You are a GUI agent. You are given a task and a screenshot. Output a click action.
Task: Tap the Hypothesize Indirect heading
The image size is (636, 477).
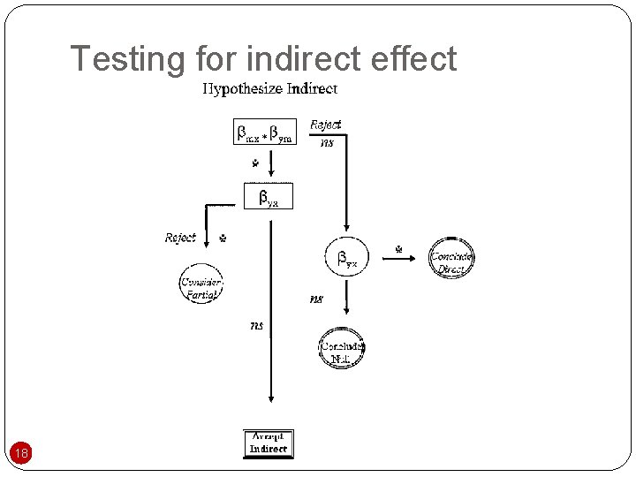tap(270, 88)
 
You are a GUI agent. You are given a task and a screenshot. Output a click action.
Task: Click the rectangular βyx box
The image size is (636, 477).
tap(268, 196)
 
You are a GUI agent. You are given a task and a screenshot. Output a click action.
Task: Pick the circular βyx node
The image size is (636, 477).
tap(346, 258)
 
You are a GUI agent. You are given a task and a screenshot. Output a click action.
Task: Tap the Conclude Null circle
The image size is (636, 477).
tap(341, 351)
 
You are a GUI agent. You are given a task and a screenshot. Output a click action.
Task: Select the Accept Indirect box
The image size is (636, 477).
tap(268, 443)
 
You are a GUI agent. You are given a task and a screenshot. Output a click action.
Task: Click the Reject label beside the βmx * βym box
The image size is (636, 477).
tap(325, 125)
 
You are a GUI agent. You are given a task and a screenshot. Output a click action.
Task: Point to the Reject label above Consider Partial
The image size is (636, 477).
tap(180, 238)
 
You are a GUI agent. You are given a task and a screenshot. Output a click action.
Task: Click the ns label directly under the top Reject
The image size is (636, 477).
tap(327, 143)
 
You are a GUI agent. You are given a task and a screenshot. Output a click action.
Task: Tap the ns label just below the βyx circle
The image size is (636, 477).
tap(316, 299)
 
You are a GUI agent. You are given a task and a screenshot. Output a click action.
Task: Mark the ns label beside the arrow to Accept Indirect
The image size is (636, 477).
tap(256, 326)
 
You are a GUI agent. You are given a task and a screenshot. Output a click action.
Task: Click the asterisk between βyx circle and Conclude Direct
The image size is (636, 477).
tap(398, 249)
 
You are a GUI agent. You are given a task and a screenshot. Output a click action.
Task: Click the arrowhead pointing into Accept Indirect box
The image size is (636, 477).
tap(270, 421)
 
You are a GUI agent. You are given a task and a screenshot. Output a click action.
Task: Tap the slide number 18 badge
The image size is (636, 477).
tap(22, 454)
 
